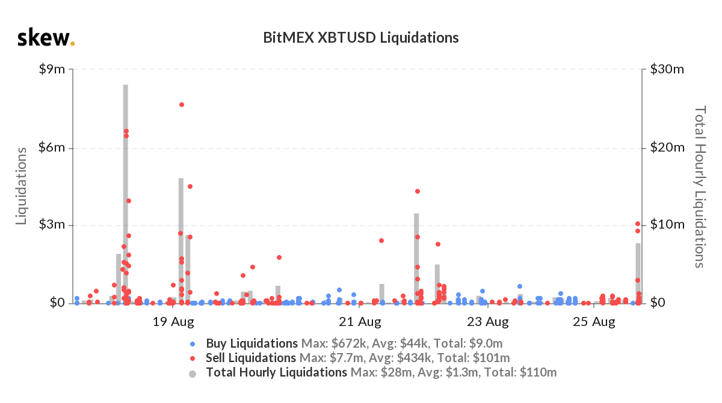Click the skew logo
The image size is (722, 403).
[x=46, y=38]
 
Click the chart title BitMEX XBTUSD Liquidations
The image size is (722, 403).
[x=361, y=37]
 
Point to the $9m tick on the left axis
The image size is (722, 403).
[x=51, y=70]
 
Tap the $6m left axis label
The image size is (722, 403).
[x=51, y=148]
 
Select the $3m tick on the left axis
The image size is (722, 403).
[x=51, y=226]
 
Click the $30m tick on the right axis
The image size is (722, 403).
[x=667, y=70]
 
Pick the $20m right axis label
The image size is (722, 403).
[x=667, y=148]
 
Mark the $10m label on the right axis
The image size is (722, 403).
[x=667, y=226]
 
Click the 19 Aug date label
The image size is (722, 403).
[x=173, y=322]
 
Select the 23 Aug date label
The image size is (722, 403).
[x=489, y=322]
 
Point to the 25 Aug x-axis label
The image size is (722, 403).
[x=594, y=322]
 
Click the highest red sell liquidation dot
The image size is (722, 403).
[x=181, y=105]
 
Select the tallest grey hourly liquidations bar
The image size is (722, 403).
[x=126, y=192]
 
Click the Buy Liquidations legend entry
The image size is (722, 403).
[x=251, y=344]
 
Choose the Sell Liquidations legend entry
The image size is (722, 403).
[x=251, y=358]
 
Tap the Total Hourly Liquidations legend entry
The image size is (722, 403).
[x=276, y=372]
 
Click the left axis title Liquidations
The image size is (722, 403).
[x=22, y=186]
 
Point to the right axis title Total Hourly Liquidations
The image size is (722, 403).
[x=700, y=186]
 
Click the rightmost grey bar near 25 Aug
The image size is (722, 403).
[x=638, y=271]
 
